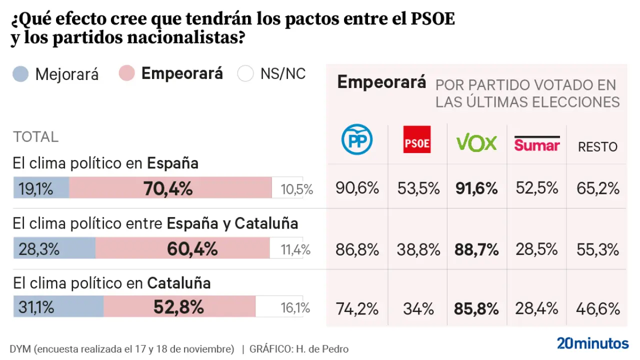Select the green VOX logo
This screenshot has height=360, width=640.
coord(476,143)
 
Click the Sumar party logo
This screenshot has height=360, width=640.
coord(537,143)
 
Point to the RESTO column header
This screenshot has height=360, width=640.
coord(597,146)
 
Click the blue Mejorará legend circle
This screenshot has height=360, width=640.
coord(20,74)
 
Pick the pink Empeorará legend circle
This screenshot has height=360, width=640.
coord(126,73)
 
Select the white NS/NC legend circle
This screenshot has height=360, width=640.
coord(246,74)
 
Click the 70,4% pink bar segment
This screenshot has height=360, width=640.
coord(170,188)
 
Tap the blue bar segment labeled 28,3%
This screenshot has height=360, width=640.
coord(54,248)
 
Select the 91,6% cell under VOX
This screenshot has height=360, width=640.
coord(476,188)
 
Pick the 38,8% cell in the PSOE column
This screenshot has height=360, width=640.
coord(418,249)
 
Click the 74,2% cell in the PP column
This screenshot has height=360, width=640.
coord(357,309)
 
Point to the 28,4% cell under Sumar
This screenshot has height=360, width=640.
coord(537,309)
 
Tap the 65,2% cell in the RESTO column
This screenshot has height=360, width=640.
coord(598,188)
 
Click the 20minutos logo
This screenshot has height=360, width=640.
coord(592,343)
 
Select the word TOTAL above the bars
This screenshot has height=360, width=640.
coord(35,136)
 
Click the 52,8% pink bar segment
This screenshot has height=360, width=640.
coord(179,307)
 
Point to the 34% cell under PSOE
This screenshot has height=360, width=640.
coord(418,309)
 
